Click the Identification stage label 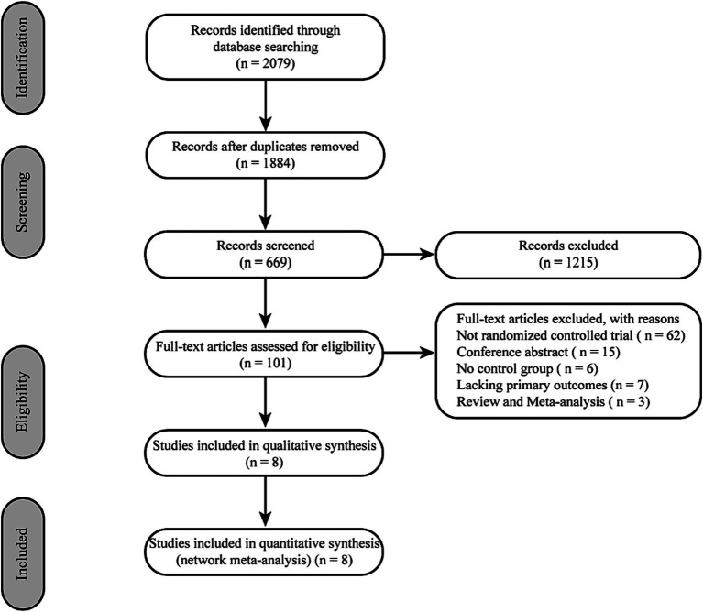(22, 59)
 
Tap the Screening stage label (22, 202)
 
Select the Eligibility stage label (22, 402)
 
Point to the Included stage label (22, 554)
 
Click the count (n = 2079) (266, 63)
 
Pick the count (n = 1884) (266, 163)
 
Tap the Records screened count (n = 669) (266, 263)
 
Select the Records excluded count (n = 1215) (568, 263)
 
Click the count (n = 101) (266, 363)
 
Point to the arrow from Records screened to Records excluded (410, 255)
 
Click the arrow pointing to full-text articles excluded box (410, 354)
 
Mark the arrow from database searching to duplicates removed (266, 105)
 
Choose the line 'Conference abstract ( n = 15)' (538, 352)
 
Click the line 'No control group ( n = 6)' (527, 368)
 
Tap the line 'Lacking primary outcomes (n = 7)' (553, 385)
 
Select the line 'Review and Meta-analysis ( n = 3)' (554, 401)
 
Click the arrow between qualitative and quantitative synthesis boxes (266, 502)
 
